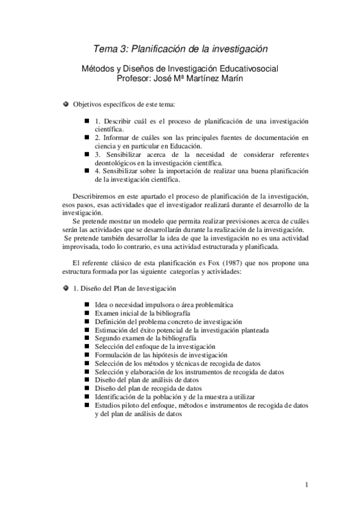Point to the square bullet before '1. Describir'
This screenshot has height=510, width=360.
coord(87,121)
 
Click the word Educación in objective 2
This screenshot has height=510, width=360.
coord(183,146)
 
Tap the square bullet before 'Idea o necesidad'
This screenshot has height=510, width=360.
coord(87,306)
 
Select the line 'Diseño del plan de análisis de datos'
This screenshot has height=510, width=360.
coord(147,381)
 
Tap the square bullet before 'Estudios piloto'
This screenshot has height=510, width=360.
coord(87,406)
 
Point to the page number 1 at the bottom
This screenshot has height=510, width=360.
coord(307,485)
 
